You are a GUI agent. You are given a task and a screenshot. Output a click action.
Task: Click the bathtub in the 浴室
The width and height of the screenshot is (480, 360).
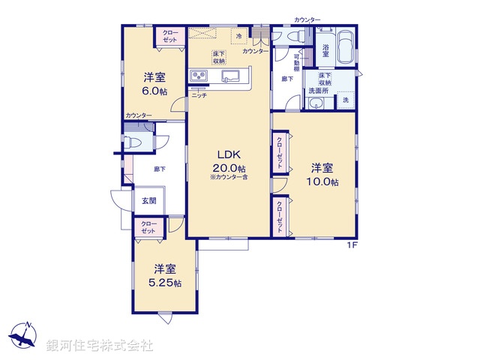click(x=344, y=46)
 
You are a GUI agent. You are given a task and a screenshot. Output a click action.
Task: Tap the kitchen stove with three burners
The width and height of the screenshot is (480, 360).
click(x=199, y=76)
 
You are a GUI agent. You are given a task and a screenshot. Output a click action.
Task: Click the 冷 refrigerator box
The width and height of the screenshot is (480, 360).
click(x=239, y=36)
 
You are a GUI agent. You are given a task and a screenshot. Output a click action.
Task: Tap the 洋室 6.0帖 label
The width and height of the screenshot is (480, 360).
click(x=155, y=83)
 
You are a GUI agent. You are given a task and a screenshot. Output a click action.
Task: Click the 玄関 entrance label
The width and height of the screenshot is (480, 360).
click(x=148, y=201)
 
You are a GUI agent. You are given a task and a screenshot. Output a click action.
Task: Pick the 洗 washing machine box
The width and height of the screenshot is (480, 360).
click(x=346, y=100)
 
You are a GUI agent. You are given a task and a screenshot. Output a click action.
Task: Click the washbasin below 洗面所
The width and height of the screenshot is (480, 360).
click(x=316, y=103)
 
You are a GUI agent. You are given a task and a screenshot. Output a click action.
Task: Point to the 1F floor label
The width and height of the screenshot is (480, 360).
click(x=351, y=245)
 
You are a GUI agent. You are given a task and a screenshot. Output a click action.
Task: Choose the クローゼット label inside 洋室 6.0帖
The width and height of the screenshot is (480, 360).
click(x=170, y=36)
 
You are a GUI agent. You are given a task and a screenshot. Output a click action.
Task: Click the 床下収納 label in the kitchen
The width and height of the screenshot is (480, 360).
click(x=218, y=58)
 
